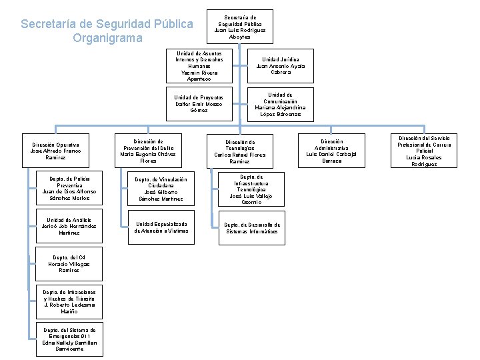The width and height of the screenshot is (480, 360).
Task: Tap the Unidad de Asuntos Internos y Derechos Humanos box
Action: [199, 65]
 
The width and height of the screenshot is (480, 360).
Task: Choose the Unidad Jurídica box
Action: [281, 65]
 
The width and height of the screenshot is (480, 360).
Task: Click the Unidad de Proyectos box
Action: [199, 103]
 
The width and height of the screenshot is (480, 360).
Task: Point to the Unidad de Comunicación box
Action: [281, 104]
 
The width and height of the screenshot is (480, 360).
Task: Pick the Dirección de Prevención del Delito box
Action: [148, 151]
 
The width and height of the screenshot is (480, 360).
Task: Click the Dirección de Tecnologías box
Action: [239, 151]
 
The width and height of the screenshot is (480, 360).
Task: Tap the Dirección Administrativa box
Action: [331, 151]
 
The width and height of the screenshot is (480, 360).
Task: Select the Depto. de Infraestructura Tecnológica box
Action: [251, 189]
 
